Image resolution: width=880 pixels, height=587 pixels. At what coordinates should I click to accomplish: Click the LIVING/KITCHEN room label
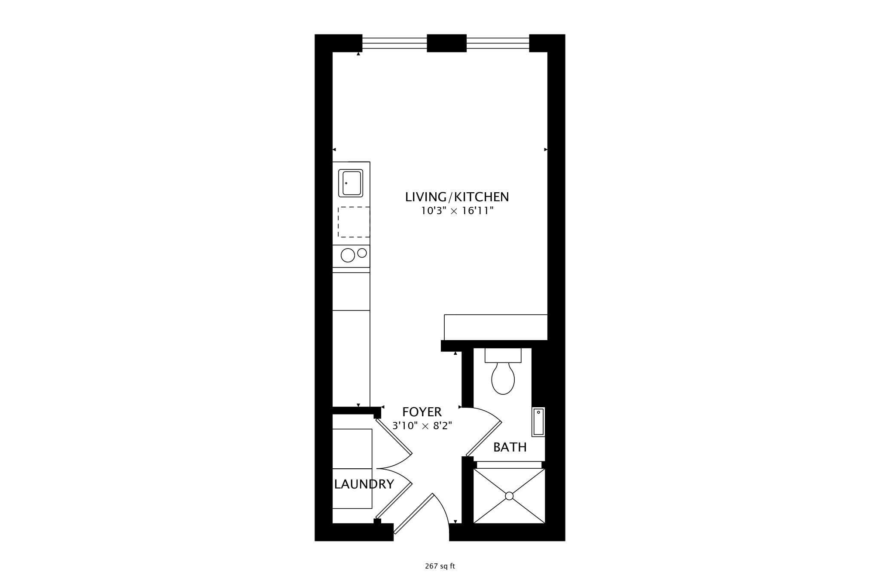click(457, 197)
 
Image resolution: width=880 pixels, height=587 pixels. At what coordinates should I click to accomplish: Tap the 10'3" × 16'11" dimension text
click(457, 211)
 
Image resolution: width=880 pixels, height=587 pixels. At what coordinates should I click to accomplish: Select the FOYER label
click(422, 412)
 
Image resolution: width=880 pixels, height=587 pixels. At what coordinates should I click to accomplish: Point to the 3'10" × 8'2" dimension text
click(422, 426)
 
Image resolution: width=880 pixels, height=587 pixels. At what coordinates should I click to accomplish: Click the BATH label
click(510, 447)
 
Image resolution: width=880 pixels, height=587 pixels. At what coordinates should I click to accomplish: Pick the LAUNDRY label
click(364, 484)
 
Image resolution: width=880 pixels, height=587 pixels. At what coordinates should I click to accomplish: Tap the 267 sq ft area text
click(440, 566)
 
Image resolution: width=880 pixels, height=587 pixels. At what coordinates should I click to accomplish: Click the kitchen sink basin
click(351, 183)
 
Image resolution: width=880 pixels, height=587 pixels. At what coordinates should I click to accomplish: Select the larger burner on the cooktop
click(348, 255)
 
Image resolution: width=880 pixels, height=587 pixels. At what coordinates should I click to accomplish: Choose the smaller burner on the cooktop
click(362, 253)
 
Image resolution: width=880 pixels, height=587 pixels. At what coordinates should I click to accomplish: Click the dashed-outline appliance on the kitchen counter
click(354, 222)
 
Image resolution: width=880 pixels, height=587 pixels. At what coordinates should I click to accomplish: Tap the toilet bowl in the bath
click(503, 378)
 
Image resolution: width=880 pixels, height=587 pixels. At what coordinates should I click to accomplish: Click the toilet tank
click(503, 355)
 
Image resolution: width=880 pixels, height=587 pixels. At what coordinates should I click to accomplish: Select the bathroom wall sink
click(538, 422)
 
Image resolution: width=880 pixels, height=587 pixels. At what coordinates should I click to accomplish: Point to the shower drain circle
click(509, 496)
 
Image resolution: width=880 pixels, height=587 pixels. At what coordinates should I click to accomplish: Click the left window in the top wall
click(394, 43)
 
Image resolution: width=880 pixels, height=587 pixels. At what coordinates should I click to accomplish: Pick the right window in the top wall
click(498, 43)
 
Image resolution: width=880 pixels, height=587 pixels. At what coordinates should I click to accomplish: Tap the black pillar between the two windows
click(446, 43)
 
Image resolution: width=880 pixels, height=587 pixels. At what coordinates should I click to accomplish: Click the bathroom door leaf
click(484, 439)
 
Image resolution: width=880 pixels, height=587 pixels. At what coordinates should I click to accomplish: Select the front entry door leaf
click(414, 513)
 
